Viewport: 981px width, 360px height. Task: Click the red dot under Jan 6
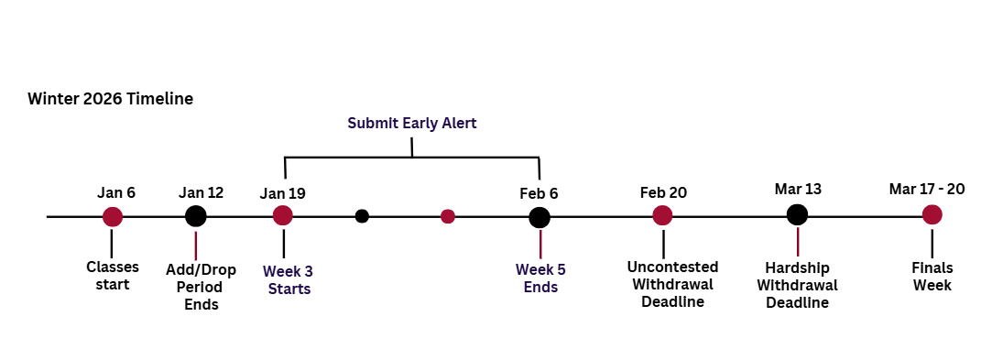pyautogui.click(x=112, y=216)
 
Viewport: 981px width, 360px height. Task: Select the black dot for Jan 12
pyautogui.click(x=195, y=216)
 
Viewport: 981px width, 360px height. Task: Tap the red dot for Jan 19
pyautogui.click(x=283, y=215)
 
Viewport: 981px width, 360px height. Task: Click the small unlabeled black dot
pyautogui.click(x=362, y=216)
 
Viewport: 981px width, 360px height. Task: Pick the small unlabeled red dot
pyautogui.click(x=448, y=216)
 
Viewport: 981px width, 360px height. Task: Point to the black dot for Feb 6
pyautogui.click(x=540, y=217)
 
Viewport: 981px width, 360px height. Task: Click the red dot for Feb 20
pyautogui.click(x=662, y=215)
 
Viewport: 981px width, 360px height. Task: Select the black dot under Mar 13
pyautogui.click(x=797, y=214)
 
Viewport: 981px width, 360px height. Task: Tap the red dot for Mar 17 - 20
pyautogui.click(x=932, y=214)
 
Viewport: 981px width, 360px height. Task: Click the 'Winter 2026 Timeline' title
pyautogui.click(x=110, y=99)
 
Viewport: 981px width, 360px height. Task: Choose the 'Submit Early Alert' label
pyautogui.click(x=412, y=122)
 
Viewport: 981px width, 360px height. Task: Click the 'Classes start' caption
pyautogui.click(x=112, y=276)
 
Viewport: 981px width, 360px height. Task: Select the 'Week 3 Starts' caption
pyautogui.click(x=289, y=279)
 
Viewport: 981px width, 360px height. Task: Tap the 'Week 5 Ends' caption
pyautogui.click(x=540, y=278)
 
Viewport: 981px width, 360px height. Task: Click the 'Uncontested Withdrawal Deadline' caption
pyautogui.click(x=672, y=284)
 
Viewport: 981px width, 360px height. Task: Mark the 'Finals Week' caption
pyautogui.click(x=932, y=276)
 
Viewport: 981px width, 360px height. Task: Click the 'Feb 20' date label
pyautogui.click(x=663, y=192)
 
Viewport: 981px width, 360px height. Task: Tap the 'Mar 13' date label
pyautogui.click(x=797, y=189)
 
